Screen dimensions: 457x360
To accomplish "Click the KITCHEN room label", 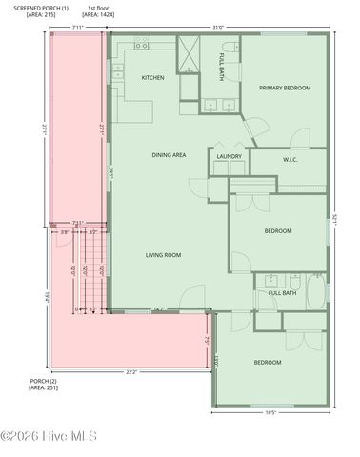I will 153,78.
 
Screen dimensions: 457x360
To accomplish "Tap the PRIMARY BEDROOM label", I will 285,88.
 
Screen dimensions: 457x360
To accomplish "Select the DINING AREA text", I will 169,154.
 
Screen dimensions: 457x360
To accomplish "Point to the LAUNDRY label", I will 229,156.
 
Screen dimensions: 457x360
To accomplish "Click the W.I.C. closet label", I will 291,160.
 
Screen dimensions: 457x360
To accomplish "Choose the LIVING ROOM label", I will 163,255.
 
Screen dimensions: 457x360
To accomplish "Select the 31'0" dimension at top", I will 218,28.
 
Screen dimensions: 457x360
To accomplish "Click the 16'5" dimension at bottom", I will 270,413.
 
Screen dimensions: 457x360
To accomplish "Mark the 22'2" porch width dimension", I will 130,372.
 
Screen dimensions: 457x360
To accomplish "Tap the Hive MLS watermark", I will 50,437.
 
